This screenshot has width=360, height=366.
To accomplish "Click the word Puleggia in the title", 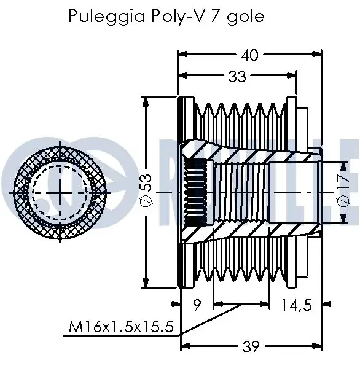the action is point(107,17).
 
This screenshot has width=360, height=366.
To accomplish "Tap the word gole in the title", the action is point(246,17).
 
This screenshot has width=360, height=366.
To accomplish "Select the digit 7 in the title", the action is point(216,16).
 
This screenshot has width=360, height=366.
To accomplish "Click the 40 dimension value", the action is point(249,55).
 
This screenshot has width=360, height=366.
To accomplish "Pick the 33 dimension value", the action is point(237,76).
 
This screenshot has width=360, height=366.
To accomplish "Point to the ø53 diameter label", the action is point(146,190).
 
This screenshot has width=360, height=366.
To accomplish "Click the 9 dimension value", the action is point(197,305).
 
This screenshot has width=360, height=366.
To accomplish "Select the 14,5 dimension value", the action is point(297,305).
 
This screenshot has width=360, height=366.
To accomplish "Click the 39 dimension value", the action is point(251,346).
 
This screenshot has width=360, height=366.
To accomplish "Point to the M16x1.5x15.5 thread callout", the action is point(121,326).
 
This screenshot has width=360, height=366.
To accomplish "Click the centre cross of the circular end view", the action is point(60,193).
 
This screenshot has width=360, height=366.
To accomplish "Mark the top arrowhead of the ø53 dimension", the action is point(146,101).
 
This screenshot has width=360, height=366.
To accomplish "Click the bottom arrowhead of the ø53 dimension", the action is point(146,282).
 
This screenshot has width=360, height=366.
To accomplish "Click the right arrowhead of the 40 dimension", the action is point(317,54).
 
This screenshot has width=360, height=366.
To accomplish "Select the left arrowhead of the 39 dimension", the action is point(186,345).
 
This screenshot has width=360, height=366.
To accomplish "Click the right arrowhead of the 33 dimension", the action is point(292,75).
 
